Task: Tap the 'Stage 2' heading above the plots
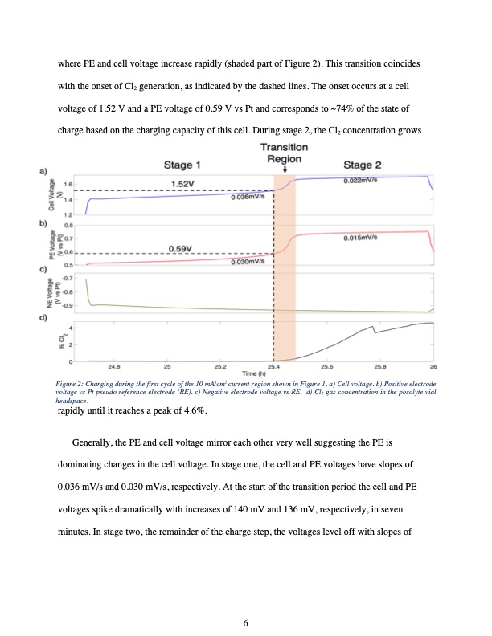coord(363,165)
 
